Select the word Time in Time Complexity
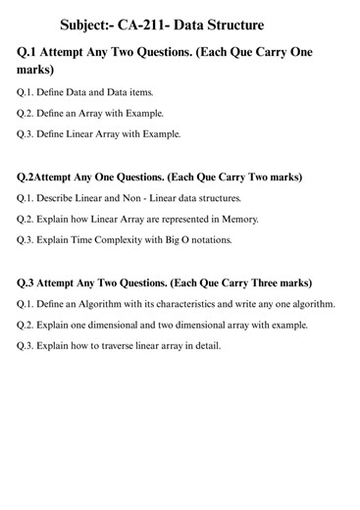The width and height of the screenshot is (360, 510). [94, 239]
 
